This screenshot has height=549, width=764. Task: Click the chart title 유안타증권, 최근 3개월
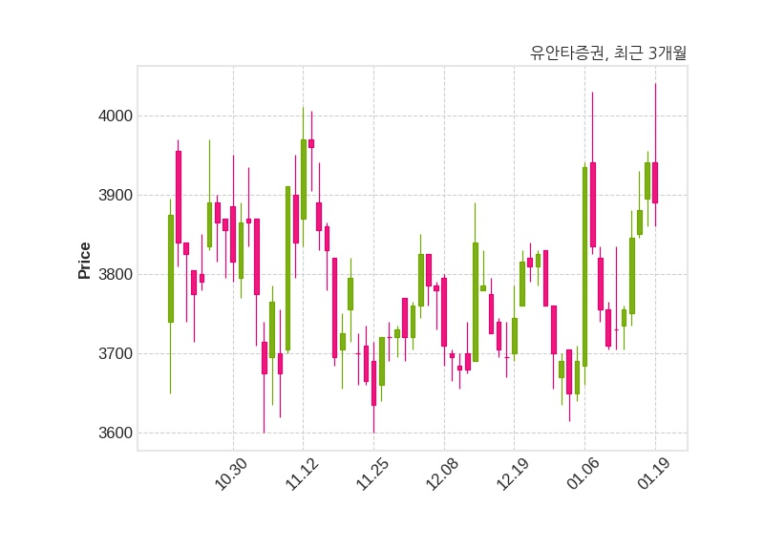(608, 53)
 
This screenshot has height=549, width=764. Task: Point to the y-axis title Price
(85, 261)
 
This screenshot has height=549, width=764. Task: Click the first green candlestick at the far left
(171, 268)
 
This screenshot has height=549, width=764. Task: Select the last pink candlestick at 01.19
(655, 182)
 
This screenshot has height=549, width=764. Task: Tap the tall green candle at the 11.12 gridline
(304, 179)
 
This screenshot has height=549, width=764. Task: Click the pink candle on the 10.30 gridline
(233, 234)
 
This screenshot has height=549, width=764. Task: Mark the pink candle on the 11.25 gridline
(373, 383)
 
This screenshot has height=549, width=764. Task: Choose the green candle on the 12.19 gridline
(515, 336)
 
